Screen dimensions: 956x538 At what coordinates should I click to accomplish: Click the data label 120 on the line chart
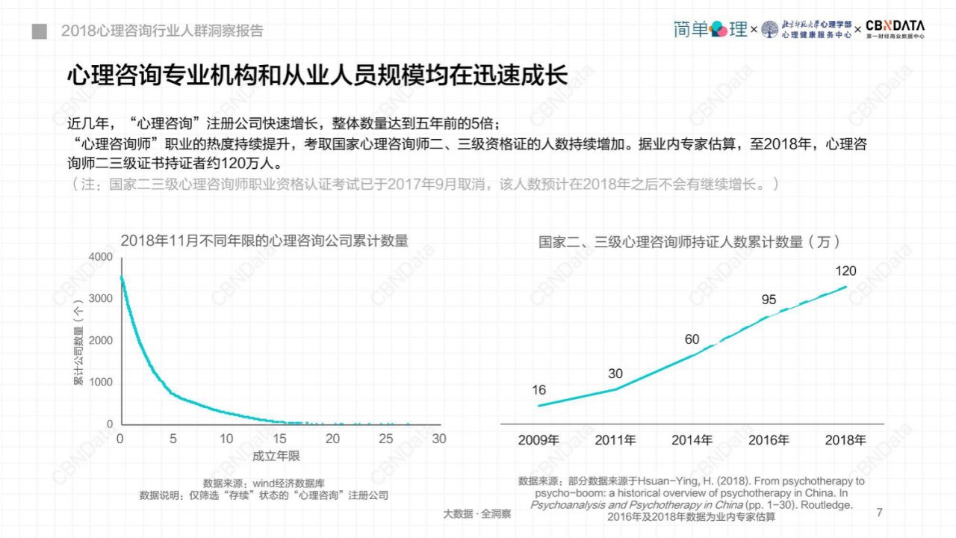[845, 270]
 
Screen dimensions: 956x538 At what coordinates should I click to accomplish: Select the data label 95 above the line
[769, 300]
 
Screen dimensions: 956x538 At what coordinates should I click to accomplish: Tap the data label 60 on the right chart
[692, 339]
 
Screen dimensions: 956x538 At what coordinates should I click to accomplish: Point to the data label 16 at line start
[538, 390]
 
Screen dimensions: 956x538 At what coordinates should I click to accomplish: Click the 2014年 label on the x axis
[692, 440]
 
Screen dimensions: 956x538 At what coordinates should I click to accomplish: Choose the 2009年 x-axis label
[538, 440]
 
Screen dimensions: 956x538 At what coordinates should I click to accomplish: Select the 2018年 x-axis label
[845, 440]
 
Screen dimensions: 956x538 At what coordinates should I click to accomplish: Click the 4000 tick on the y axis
[101, 256]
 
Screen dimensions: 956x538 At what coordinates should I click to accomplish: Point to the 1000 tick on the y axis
[101, 382]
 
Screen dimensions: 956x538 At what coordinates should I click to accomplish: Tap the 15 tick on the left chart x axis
[279, 439]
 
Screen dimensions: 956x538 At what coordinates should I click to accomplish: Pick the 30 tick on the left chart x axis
[438, 439]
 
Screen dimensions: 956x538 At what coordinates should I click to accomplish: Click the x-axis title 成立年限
[276, 456]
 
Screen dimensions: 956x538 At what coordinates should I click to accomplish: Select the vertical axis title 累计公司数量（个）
[79, 342]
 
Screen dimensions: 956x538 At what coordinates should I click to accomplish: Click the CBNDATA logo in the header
[895, 29]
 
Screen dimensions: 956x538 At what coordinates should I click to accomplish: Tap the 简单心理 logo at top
[710, 29]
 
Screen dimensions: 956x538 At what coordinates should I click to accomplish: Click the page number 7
[880, 513]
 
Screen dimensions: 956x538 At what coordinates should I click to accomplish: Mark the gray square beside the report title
[40, 31]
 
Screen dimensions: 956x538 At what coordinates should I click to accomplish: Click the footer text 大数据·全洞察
[477, 513]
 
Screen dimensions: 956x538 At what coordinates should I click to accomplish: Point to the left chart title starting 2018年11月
[264, 241]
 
